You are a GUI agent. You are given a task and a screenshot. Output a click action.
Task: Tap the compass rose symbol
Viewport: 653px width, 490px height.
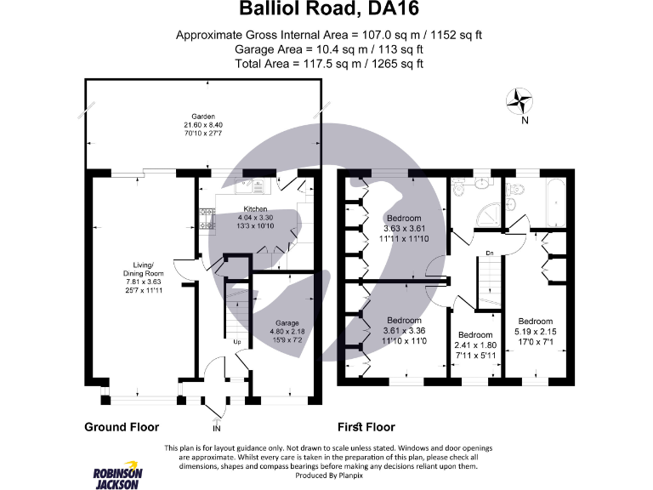tap(519, 102)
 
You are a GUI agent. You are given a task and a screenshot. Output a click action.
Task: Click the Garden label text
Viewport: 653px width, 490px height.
tap(202, 117)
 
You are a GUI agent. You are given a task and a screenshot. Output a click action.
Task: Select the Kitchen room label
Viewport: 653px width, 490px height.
tap(255, 208)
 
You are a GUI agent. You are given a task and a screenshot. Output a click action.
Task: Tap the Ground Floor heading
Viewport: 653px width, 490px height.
tap(122, 427)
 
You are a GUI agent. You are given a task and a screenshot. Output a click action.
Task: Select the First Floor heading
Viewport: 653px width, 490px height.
tap(366, 427)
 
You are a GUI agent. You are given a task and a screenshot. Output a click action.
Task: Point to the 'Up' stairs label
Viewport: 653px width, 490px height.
tap(238, 342)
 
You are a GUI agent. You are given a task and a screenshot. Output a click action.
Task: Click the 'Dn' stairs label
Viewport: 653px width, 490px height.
tap(490, 253)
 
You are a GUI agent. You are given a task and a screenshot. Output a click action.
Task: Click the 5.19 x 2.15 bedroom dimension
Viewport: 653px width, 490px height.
tap(535, 333)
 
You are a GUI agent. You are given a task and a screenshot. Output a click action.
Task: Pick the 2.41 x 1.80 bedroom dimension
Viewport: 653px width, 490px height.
tap(475, 345)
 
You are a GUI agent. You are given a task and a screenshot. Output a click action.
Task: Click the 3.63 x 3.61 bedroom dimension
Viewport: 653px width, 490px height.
tap(404, 229)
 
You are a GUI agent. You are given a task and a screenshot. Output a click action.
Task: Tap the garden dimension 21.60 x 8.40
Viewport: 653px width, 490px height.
tap(202, 126)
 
